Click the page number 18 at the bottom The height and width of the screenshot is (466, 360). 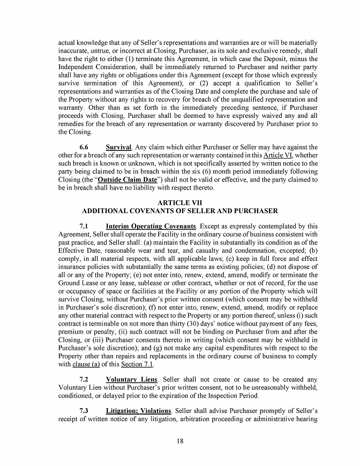pyautogui.click(x=180, y=441)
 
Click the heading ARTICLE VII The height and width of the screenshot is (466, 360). pyautogui.click(x=179, y=203)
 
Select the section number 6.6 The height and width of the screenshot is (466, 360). pyautogui.click(x=83, y=147)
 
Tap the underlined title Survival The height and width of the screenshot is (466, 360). pyautogui.click(x=118, y=147)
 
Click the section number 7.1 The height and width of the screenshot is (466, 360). pyautogui.click(x=83, y=226)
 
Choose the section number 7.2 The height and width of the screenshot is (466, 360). pyautogui.click(x=83, y=380)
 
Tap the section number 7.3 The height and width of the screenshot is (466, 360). pyautogui.click(x=83, y=411)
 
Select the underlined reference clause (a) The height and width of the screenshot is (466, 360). pyautogui.click(x=89, y=364)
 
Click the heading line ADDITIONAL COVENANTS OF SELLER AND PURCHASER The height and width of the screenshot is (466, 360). pyautogui.click(x=179, y=212)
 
